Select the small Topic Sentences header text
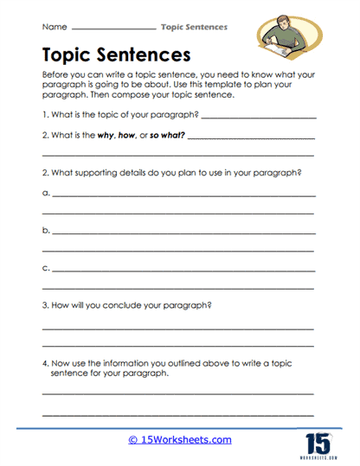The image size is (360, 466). coord(194,28)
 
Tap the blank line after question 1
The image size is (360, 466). coord(256,118)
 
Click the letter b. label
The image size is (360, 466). coord(46,232)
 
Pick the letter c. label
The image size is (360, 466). coord(46,269)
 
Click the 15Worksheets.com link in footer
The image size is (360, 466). coord(180,439)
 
